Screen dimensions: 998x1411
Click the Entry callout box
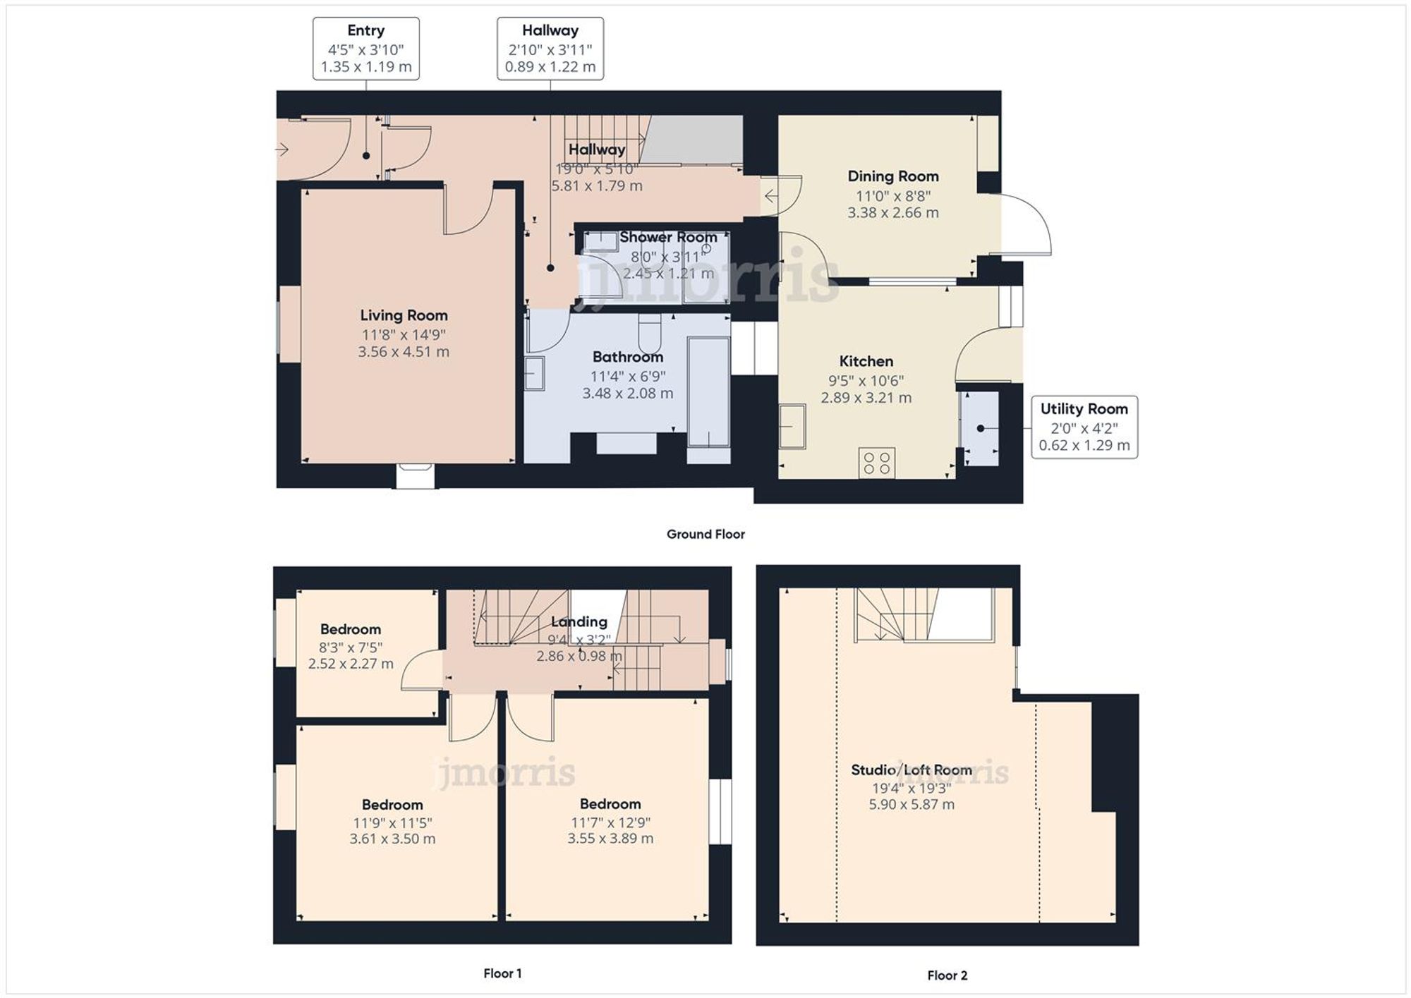coord(365,49)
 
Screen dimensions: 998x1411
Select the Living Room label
coord(404,315)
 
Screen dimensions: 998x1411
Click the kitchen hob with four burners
coord(877,463)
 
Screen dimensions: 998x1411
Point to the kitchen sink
coord(792,426)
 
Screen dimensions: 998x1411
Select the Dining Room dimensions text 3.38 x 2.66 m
coord(892,212)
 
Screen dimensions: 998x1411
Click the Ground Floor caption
coord(705,534)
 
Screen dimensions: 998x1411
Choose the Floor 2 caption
coord(947,975)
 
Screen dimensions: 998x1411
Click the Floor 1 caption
coord(502,973)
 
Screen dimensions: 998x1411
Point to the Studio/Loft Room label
coord(911,769)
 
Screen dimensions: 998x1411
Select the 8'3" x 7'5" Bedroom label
coord(350,629)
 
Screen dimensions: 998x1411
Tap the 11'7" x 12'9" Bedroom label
coord(610,803)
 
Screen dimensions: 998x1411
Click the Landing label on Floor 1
coord(579,621)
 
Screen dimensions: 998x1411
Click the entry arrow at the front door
coord(282,150)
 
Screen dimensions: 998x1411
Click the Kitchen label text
coord(866,361)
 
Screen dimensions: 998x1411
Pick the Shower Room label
coord(667,237)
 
